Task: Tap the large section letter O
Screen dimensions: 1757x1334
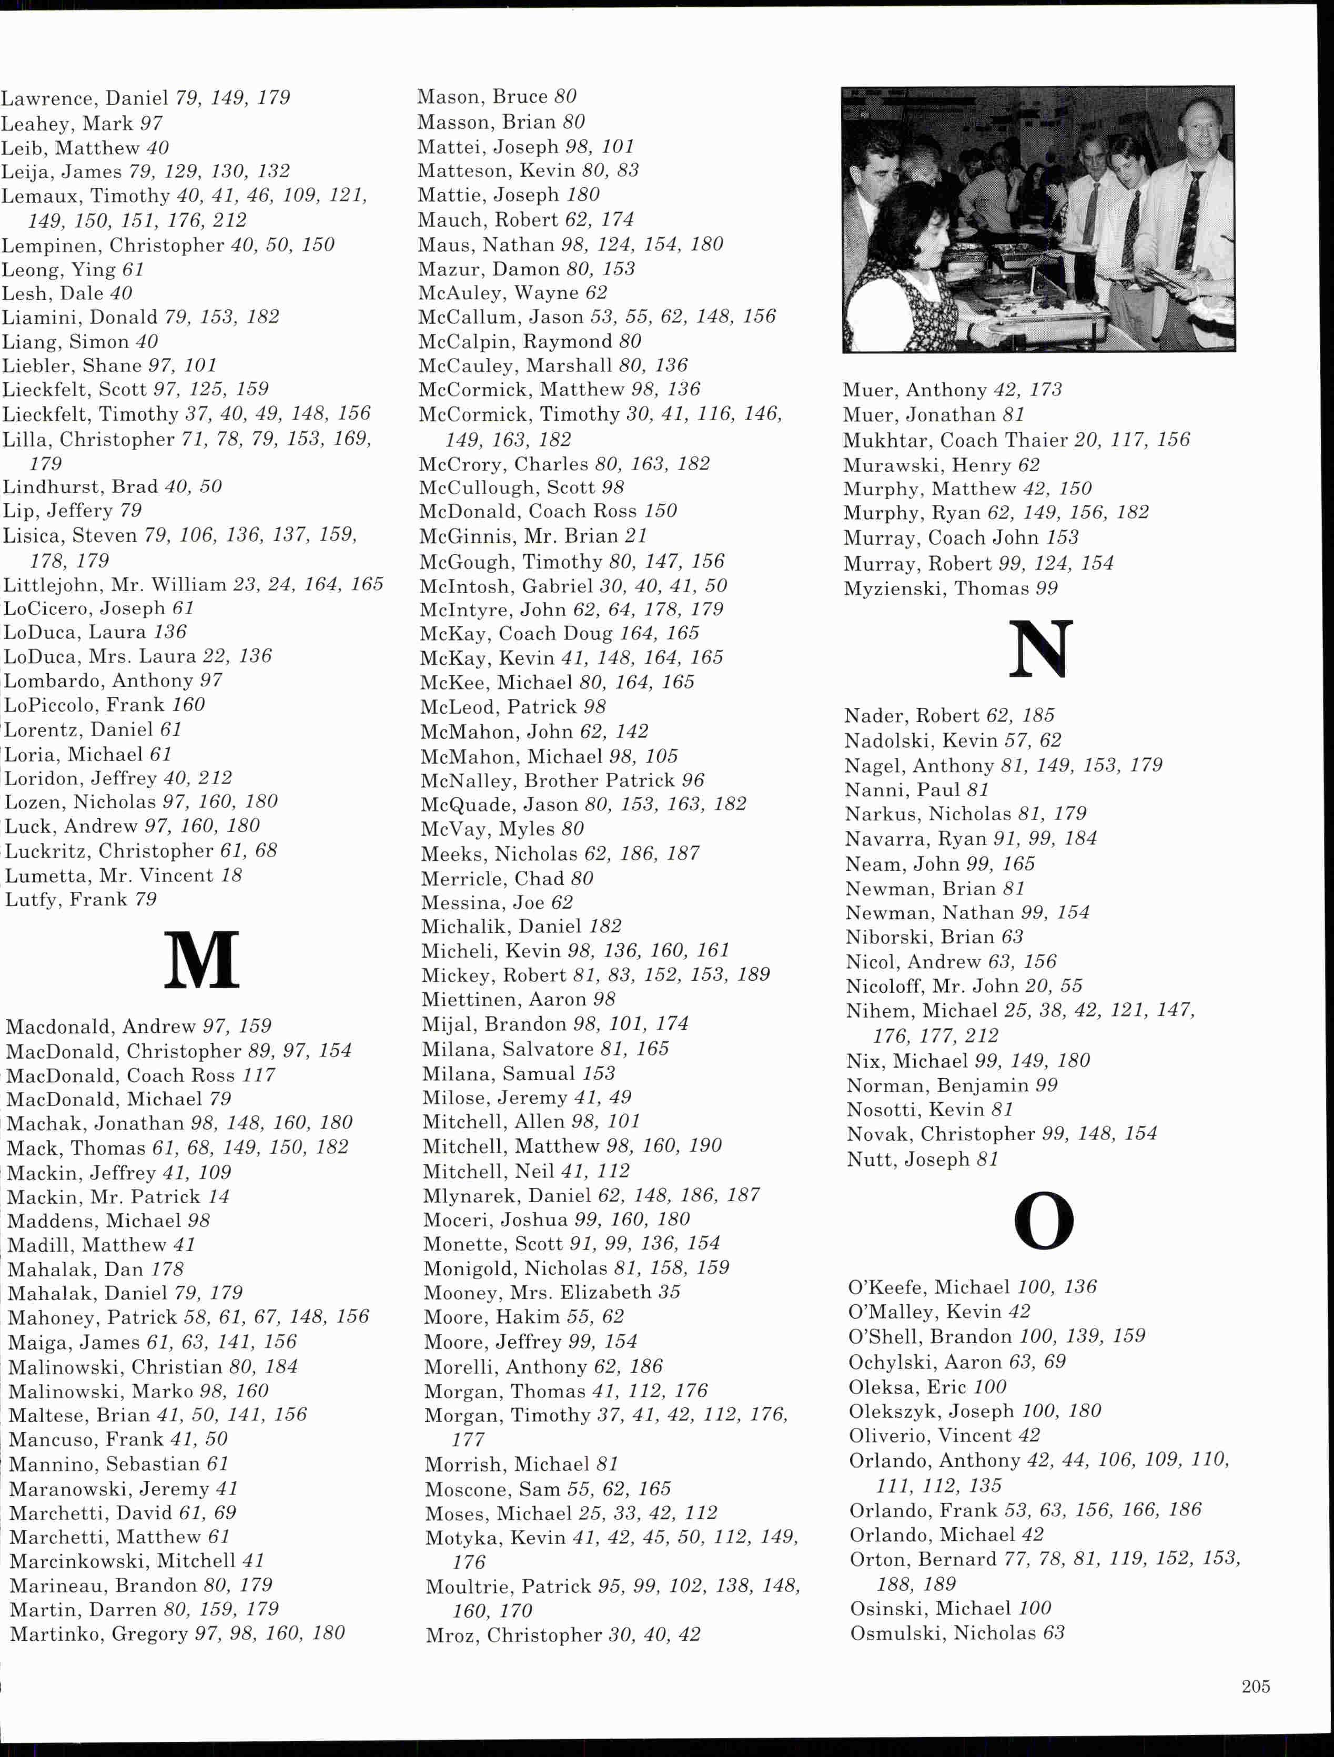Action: coord(1043,1221)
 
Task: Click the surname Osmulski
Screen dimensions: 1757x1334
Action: coord(898,1633)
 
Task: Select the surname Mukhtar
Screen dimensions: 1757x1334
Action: coord(886,440)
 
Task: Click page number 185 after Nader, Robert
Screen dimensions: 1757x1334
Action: coord(1038,716)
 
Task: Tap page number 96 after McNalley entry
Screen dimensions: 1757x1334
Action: coord(693,781)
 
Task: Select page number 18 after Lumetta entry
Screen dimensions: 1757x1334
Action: coord(231,875)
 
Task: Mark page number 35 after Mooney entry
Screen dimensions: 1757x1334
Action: coord(669,1292)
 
